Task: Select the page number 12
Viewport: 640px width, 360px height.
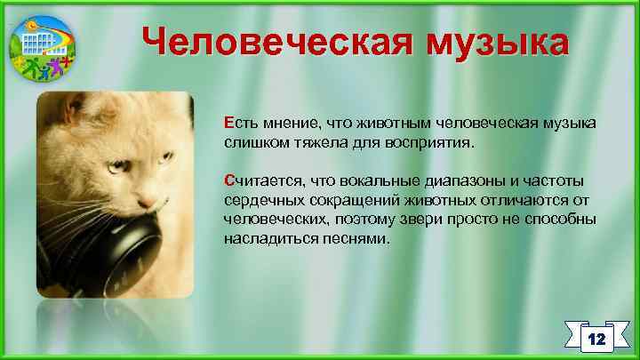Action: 596,339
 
